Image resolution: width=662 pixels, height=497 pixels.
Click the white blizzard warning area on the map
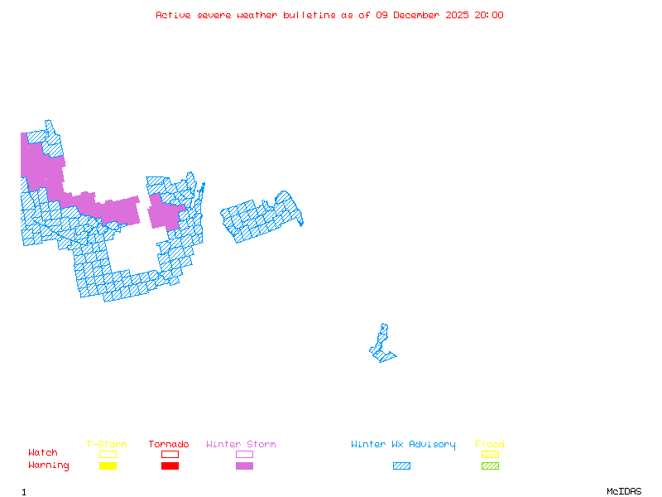point(385,317)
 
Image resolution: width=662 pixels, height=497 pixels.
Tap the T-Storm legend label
point(107,445)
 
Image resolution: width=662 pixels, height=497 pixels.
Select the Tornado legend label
point(169,445)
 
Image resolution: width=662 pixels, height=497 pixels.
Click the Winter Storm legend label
point(241,445)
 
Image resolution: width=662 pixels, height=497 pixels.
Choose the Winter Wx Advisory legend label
point(403,445)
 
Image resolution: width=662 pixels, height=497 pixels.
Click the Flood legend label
point(490,445)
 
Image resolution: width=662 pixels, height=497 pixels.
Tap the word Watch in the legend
point(43,453)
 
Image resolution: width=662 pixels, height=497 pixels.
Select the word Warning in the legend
point(49,466)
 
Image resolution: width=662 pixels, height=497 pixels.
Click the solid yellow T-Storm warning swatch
point(108,466)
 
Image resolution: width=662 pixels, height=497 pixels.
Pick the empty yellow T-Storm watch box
point(108,454)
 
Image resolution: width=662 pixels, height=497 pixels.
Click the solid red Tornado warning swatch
point(170,466)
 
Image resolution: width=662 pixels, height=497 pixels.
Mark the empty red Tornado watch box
point(170,454)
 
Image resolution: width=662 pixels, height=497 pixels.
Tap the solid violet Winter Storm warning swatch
point(244,466)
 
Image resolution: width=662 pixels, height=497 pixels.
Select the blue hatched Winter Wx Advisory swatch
point(401,466)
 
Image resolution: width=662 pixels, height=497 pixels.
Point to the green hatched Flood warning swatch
point(490,466)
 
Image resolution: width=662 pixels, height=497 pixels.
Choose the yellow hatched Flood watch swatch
point(490,454)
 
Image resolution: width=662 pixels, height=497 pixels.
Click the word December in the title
point(417,15)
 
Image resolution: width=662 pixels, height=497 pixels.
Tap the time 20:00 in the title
point(489,15)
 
